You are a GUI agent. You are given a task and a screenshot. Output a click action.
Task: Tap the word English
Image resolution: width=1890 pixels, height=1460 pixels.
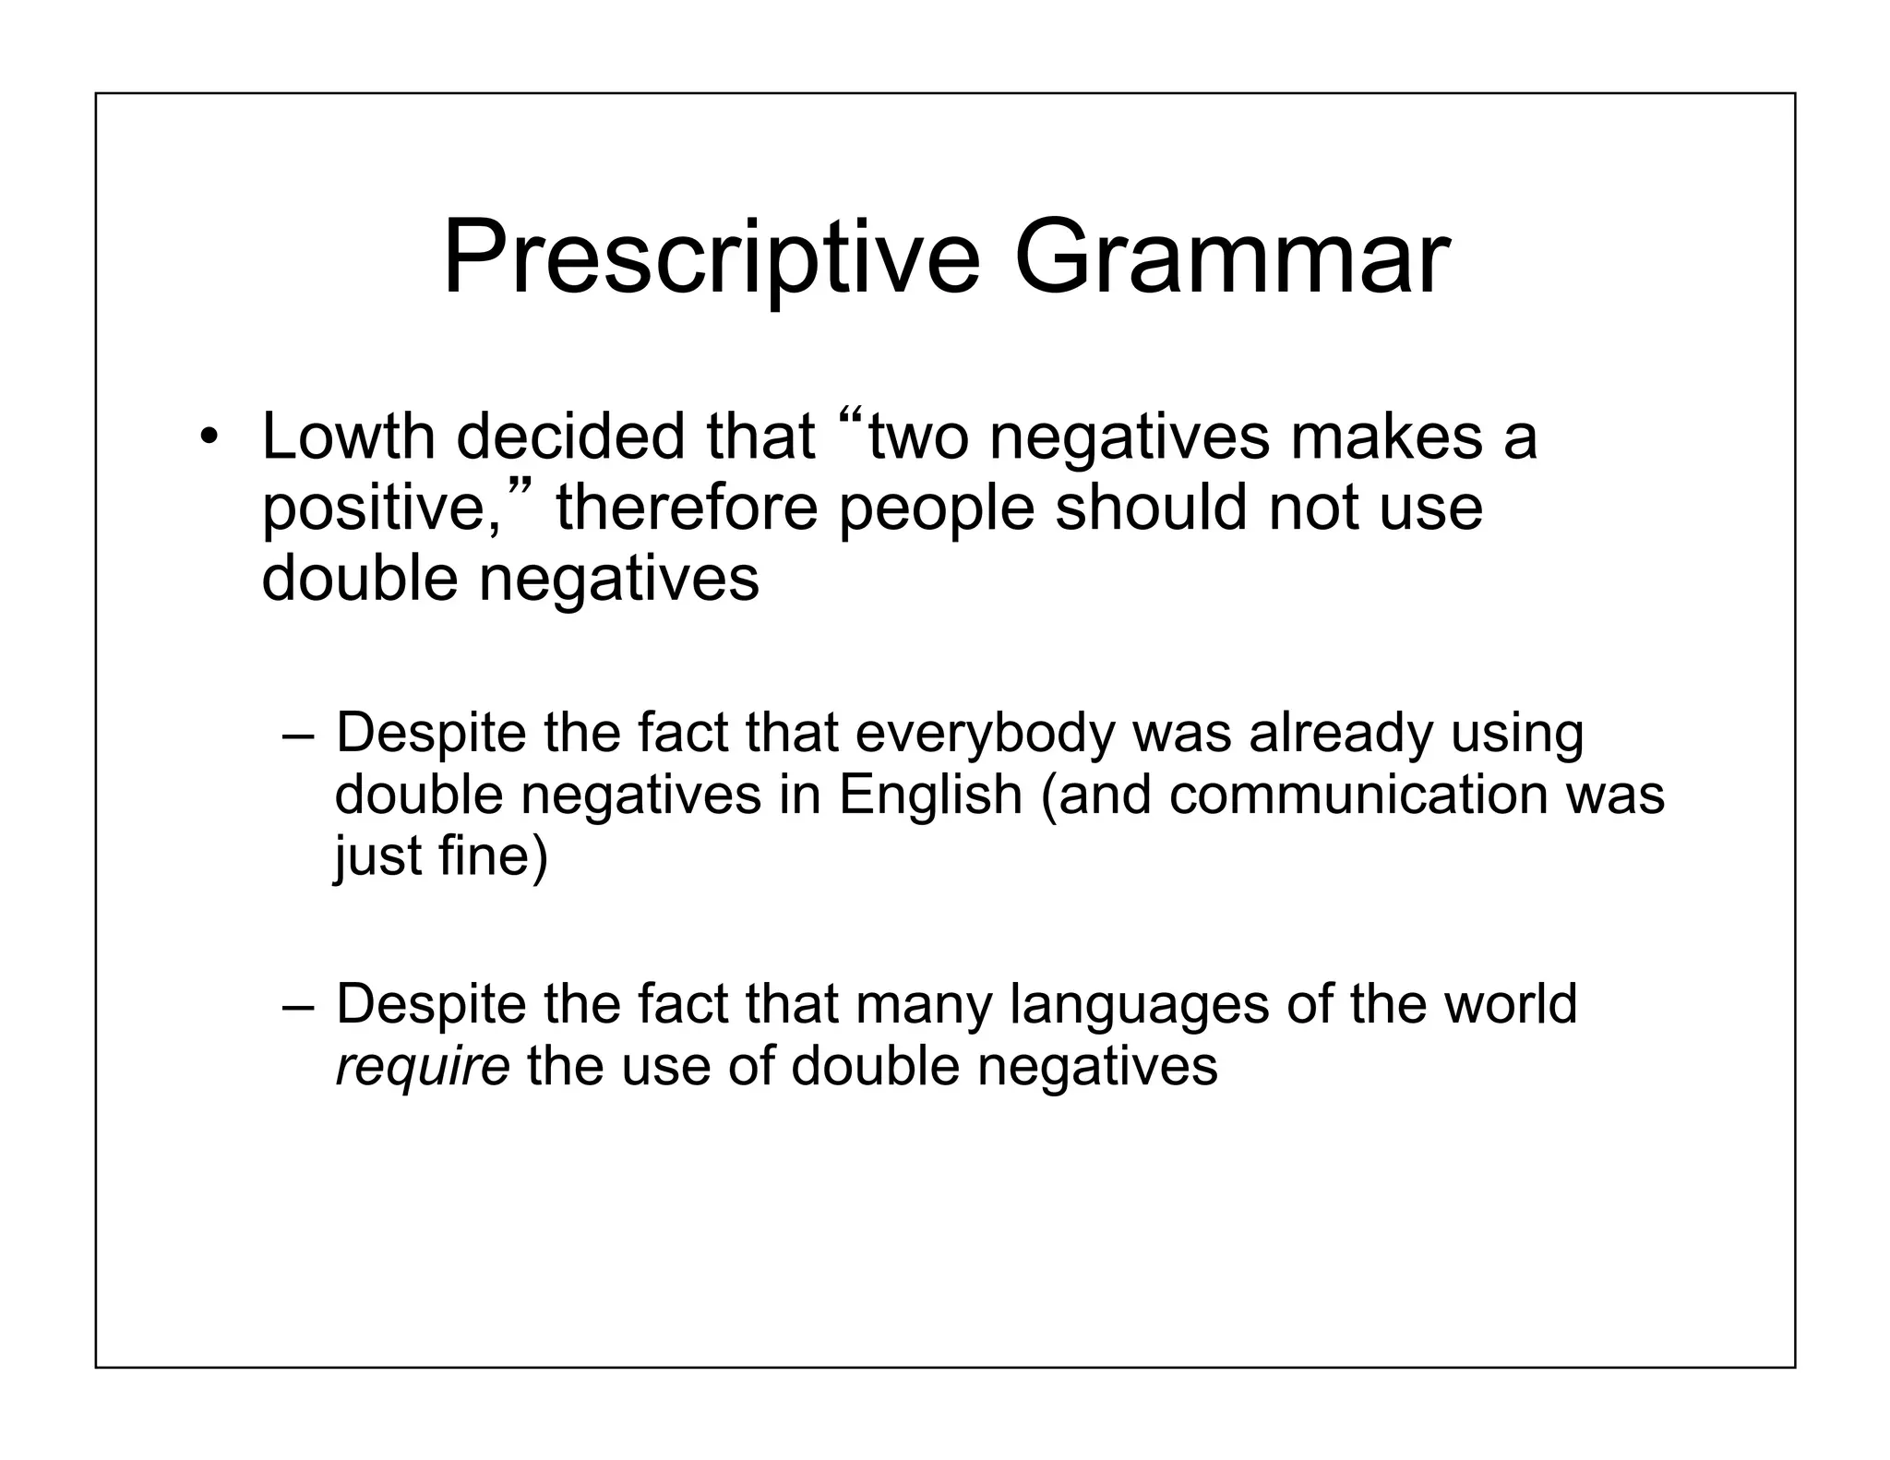(x=930, y=795)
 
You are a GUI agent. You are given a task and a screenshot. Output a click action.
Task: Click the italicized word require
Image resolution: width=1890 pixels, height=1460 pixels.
(x=423, y=1067)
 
